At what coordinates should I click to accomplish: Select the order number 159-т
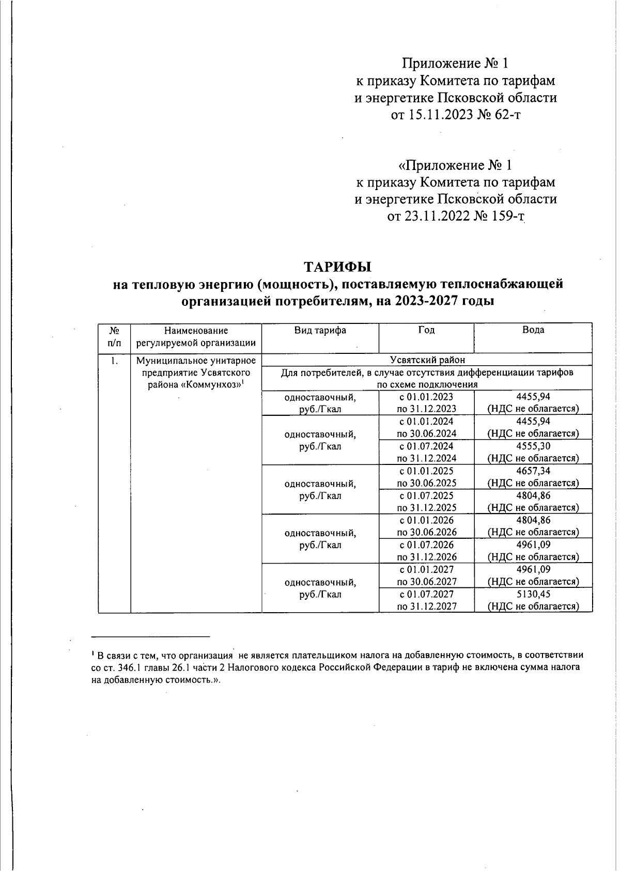point(506,216)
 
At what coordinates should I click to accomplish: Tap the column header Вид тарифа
point(320,331)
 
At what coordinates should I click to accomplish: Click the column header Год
point(426,331)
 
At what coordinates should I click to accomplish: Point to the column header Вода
point(533,331)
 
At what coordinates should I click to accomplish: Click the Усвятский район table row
point(427,360)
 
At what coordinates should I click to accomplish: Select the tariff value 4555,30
point(533,446)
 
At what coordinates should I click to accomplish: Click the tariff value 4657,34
point(533,471)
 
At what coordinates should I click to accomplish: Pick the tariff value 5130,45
point(533,594)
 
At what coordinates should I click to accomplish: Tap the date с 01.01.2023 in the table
point(426,397)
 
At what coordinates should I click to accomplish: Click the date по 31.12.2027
point(427,606)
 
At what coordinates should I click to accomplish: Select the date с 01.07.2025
point(426,495)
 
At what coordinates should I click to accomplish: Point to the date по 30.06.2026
point(427,532)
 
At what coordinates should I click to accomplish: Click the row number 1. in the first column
point(114,361)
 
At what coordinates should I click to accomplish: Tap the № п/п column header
point(114,336)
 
